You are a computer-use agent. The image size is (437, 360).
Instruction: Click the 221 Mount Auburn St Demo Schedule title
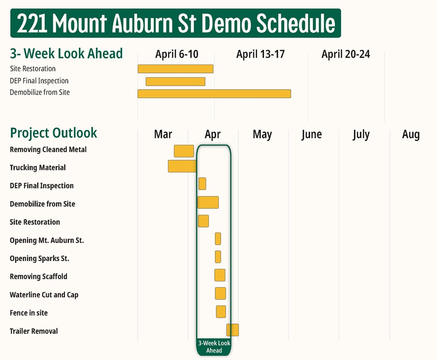(x=175, y=23)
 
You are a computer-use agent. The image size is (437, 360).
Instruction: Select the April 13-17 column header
(x=260, y=54)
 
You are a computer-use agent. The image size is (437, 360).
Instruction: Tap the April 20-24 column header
(x=345, y=54)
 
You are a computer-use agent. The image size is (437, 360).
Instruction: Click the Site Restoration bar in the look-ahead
(x=175, y=69)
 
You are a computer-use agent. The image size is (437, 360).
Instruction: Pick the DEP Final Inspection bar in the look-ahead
(x=175, y=81)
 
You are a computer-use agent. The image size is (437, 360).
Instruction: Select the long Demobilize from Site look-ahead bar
(x=214, y=94)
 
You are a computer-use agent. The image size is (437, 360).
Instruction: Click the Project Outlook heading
(x=54, y=133)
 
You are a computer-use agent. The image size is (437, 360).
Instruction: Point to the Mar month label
(x=163, y=134)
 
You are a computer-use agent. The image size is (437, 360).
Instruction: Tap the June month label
(x=311, y=134)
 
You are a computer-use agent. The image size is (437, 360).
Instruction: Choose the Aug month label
(x=410, y=134)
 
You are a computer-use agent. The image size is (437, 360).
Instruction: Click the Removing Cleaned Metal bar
(x=184, y=151)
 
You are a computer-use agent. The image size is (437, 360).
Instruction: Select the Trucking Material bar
(x=182, y=166)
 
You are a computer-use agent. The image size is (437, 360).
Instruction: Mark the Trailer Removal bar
(x=233, y=330)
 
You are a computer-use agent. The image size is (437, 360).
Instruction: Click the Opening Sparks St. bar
(x=218, y=257)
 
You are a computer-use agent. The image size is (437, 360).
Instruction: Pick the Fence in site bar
(x=221, y=311)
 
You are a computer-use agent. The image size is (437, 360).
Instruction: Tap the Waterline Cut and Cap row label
(x=44, y=295)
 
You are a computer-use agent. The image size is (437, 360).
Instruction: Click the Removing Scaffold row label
(x=38, y=277)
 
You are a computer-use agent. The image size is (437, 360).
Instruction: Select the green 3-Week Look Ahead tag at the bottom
(x=214, y=347)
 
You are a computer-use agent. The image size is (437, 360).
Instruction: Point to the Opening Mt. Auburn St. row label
(x=47, y=240)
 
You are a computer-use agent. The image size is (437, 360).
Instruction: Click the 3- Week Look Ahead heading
(x=66, y=53)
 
